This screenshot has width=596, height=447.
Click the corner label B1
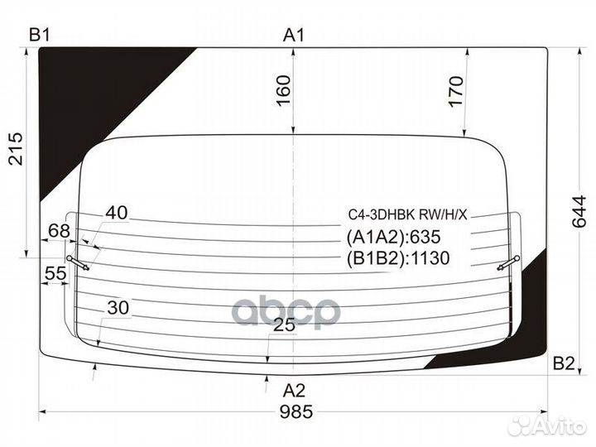click(x=40, y=35)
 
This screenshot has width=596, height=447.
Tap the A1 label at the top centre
click(x=294, y=36)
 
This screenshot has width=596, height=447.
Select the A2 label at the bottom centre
click(x=294, y=391)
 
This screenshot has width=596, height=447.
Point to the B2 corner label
click(x=564, y=363)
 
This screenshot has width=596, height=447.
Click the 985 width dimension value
click(x=296, y=411)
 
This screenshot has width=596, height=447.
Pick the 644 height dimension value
click(x=579, y=211)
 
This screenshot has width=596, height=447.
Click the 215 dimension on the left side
click(x=16, y=149)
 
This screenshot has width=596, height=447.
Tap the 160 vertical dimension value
click(x=284, y=91)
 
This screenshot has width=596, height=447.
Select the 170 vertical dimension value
click(x=456, y=91)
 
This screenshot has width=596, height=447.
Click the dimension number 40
click(x=117, y=213)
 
